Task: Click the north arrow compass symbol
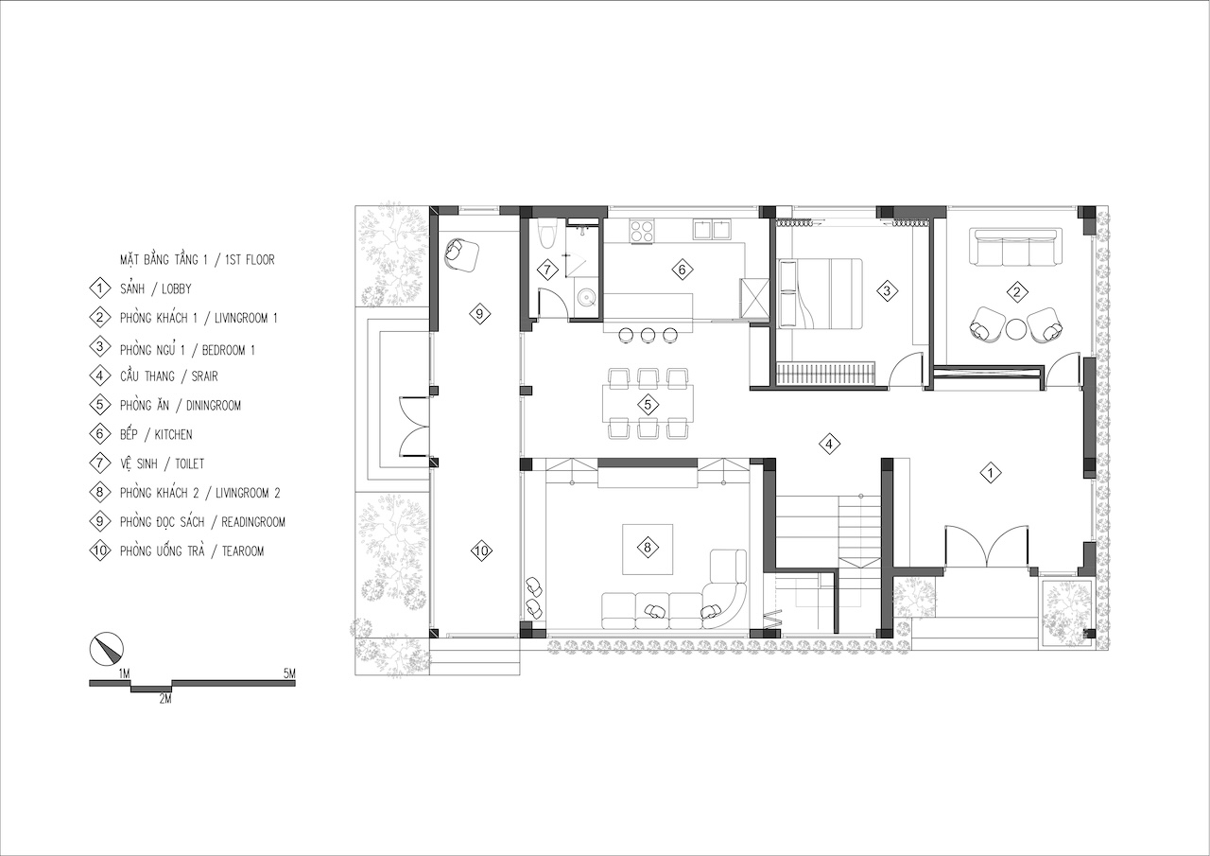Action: [107, 649]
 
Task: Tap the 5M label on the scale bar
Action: [289, 673]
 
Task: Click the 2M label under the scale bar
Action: [165, 699]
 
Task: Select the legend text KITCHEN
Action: [173, 434]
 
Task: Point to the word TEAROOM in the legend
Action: [243, 551]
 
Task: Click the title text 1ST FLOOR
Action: [251, 260]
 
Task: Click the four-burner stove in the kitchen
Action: [641, 231]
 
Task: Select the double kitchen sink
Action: [712, 229]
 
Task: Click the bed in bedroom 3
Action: [820, 293]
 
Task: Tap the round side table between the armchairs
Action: [1016, 329]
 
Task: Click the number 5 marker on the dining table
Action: [648, 404]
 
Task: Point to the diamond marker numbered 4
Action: [829, 445]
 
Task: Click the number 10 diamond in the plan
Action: [481, 550]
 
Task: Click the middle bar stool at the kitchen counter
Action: [648, 335]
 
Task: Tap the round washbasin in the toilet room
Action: [585, 296]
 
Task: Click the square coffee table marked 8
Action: [648, 549]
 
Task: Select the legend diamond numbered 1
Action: [100, 288]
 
